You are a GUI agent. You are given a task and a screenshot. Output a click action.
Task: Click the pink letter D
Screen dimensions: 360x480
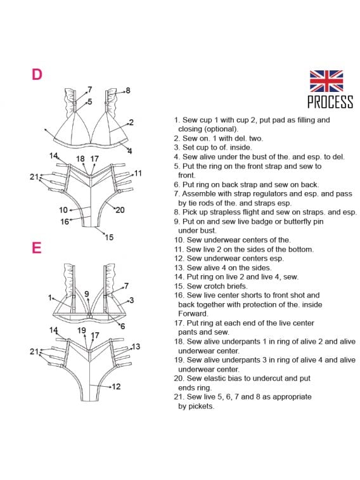[37, 74]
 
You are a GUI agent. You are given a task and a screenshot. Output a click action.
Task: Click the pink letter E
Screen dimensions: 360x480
[36, 248]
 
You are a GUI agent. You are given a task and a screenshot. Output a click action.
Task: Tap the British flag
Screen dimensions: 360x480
[326, 81]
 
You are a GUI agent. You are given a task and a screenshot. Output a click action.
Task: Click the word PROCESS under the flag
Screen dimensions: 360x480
[330, 101]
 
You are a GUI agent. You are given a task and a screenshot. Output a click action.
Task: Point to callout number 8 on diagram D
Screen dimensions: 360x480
[128, 90]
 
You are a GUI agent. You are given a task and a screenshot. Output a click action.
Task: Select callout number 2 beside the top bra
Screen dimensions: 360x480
[131, 122]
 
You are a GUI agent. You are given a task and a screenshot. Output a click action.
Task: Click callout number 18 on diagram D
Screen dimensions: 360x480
[80, 159]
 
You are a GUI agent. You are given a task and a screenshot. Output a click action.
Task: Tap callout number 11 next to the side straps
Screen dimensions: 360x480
[138, 173]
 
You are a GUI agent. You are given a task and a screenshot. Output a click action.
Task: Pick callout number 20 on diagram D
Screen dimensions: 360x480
[120, 210]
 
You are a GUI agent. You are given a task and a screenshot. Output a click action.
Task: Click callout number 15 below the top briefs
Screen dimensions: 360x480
[109, 237]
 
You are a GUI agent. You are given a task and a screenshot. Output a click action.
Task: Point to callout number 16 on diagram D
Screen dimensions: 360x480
[65, 221]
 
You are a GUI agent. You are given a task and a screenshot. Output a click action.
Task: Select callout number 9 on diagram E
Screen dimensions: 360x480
[87, 294]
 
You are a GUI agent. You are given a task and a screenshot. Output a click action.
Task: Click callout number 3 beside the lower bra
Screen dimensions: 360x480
[132, 300]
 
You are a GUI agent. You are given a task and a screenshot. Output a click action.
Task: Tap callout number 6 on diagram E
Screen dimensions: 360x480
[123, 327]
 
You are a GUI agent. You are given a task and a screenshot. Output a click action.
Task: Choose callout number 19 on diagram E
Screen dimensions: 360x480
[82, 330]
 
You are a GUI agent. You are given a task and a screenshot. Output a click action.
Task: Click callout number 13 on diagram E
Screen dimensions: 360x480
[136, 347]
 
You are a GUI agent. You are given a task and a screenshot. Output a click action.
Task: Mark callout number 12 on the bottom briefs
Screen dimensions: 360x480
[116, 386]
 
